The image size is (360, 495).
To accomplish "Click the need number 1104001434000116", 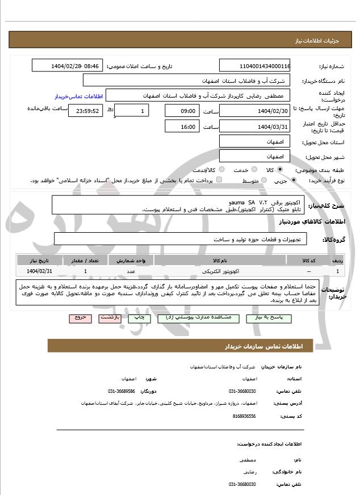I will (254, 66).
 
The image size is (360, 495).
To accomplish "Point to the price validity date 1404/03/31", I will (254, 127).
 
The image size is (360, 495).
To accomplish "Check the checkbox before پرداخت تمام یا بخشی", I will (219, 181).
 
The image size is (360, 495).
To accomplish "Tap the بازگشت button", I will (110, 318).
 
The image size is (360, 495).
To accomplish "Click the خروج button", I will (79, 318).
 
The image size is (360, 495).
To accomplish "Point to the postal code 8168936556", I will (244, 416).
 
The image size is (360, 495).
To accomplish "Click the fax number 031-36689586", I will (122, 391).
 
